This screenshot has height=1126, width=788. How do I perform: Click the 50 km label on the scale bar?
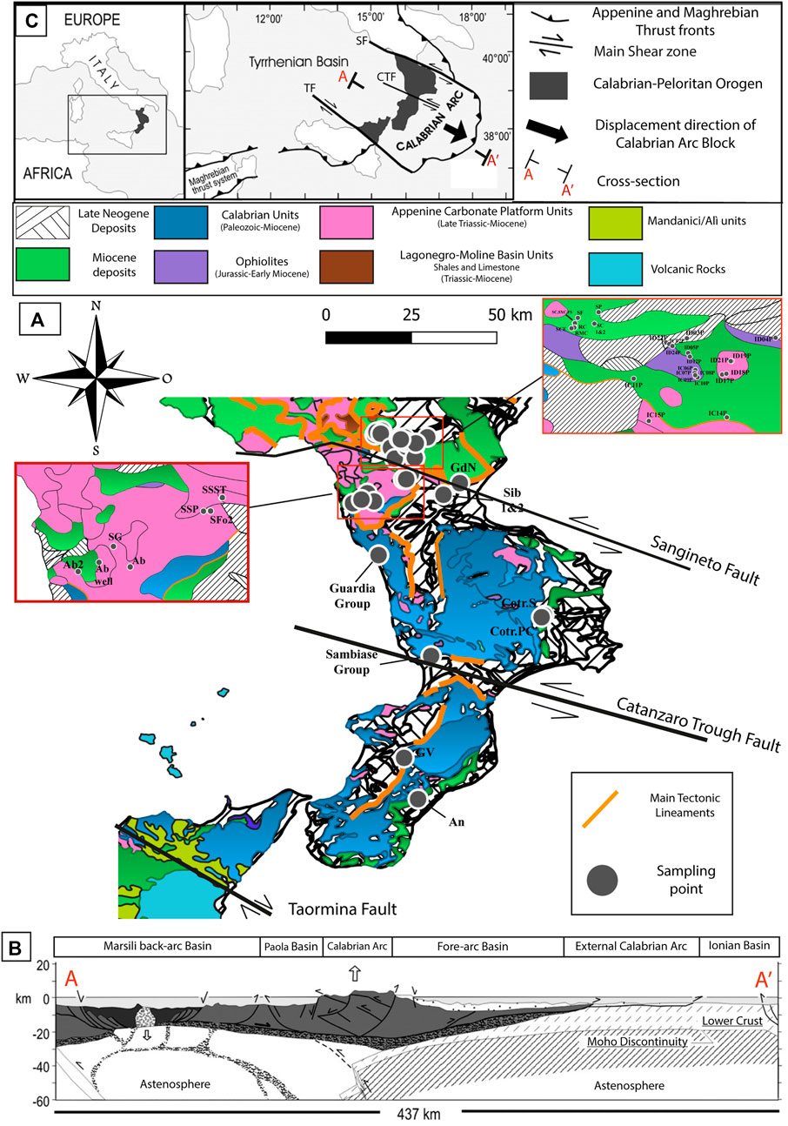(475, 314)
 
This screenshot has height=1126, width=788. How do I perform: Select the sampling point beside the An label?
(417, 798)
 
